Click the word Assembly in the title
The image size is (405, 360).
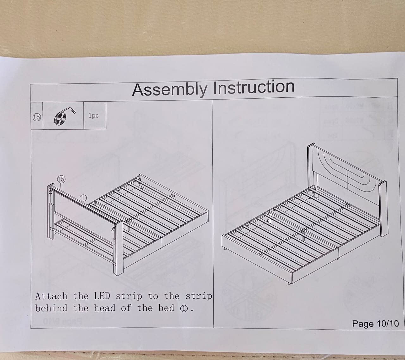(169, 90)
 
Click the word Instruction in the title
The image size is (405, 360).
(254, 87)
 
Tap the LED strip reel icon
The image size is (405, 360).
(64, 116)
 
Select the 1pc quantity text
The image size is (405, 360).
(94, 115)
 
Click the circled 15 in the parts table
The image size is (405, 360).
(37, 117)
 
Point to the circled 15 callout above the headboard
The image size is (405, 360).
(61, 179)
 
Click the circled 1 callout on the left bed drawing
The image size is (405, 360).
(83, 198)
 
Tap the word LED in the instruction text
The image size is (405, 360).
(102, 296)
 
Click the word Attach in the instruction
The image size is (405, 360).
(51, 296)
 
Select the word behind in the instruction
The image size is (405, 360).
(51, 308)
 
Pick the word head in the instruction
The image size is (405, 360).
(105, 308)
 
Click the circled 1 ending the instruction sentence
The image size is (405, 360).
(184, 309)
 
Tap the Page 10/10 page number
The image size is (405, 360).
(375, 323)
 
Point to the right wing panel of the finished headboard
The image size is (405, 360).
(383, 209)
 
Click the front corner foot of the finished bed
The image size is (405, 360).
(289, 283)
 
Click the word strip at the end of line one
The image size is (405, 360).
(198, 296)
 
